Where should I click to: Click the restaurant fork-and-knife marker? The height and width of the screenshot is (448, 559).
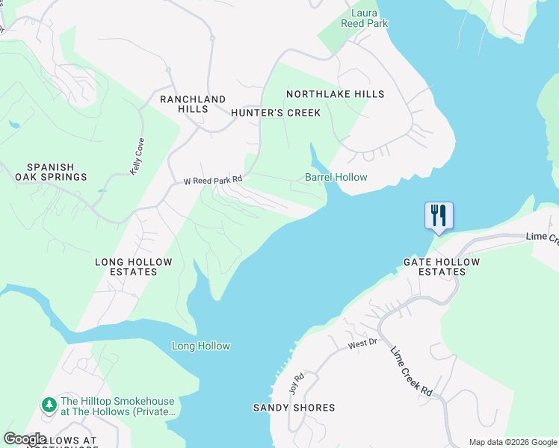pyautogui.click(x=439, y=216)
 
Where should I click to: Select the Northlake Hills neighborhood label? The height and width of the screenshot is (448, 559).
pyautogui.click(x=336, y=94)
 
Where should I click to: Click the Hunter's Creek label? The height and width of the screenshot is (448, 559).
pyautogui.click(x=275, y=113)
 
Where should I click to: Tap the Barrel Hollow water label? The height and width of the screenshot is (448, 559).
pyautogui.click(x=336, y=177)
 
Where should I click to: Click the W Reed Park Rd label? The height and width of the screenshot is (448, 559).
pyautogui.click(x=214, y=180)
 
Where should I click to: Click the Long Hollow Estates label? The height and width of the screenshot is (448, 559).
pyautogui.click(x=134, y=267)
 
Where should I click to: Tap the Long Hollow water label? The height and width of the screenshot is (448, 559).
pyautogui.click(x=201, y=346)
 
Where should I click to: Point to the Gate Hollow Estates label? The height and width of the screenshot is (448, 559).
pyautogui.click(x=434, y=267)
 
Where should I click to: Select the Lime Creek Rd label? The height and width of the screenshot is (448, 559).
pyautogui.click(x=412, y=371)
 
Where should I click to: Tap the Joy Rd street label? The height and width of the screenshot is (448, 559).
pyautogui.click(x=296, y=384)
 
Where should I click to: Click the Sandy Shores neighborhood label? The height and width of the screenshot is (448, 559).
pyautogui.click(x=294, y=408)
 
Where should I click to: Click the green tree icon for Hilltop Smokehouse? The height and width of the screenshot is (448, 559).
pyautogui.click(x=49, y=404)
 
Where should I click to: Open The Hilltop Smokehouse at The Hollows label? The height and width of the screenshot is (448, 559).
pyautogui.click(x=118, y=405)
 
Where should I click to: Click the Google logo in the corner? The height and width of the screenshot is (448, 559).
pyautogui.click(x=25, y=439)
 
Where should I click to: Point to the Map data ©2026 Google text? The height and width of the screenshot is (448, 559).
pyautogui.click(x=512, y=442)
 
